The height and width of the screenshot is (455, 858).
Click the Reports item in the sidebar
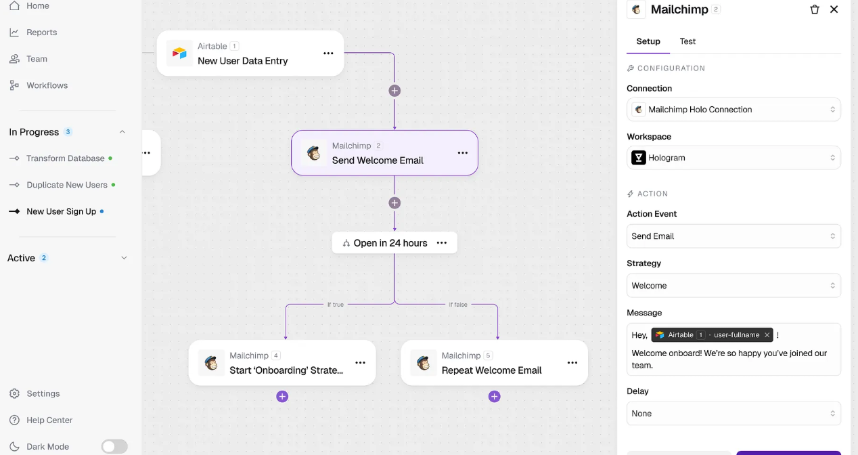click(x=41, y=32)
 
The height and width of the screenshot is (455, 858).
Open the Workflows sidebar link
click(x=47, y=85)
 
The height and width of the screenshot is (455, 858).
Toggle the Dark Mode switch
click(x=114, y=446)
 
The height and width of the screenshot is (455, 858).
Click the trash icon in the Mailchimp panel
click(x=814, y=9)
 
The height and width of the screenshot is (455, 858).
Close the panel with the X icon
click(x=834, y=9)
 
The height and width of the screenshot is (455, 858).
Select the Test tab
click(x=687, y=41)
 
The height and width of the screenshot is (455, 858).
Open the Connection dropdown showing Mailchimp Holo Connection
click(x=733, y=110)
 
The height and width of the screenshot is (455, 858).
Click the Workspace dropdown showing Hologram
click(x=733, y=158)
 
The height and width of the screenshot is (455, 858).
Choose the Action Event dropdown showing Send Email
click(x=733, y=236)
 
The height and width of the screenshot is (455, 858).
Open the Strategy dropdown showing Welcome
click(x=733, y=286)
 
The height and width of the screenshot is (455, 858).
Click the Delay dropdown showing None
click(x=733, y=413)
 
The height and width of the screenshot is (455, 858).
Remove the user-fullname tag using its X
click(x=767, y=335)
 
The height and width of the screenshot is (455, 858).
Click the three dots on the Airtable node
click(x=328, y=53)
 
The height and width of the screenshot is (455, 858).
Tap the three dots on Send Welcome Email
click(x=463, y=153)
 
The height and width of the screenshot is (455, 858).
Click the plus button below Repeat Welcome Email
click(x=494, y=396)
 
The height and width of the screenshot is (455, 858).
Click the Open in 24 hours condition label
click(x=390, y=243)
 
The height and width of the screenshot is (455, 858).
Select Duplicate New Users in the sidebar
click(x=66, y=185)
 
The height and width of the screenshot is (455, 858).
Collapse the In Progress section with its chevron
click(x=122, y=132)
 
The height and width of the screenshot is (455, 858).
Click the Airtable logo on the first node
click(x=179, y=53)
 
